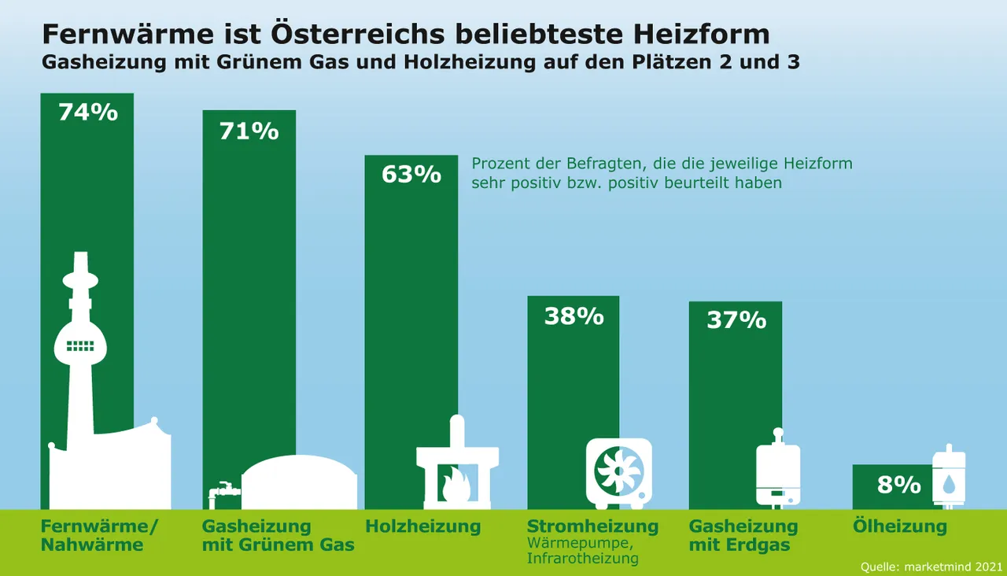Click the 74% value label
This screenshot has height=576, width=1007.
(x=88, y=113)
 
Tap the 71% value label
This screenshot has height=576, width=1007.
(x=249, y=131)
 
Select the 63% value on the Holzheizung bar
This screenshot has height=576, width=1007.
(x=411, y=174)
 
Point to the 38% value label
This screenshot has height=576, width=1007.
(x=574, y=316)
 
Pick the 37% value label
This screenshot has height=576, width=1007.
(x=736, y=320)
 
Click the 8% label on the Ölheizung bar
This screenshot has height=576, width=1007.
(x=899, y=486)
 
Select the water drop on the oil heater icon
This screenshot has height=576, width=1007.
(x=949, y=483)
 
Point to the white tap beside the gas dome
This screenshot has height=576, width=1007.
(x=223, y=491)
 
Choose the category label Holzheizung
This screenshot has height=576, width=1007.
(x=422, y=526)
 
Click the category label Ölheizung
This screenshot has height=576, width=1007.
(x=900, y=526)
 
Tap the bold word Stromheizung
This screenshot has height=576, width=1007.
(x=592, y=526)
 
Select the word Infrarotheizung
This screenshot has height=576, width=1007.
(x=582, y=559)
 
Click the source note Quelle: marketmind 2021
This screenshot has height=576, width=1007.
(x=931, y=566)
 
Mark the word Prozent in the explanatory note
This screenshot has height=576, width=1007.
(x=499, y=164)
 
